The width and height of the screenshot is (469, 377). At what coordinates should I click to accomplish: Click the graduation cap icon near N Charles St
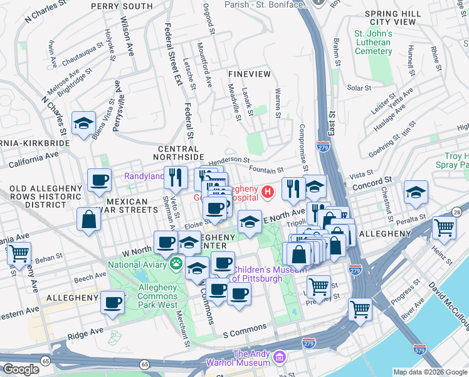(83, 124)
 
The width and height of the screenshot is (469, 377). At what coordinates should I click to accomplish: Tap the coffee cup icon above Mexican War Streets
(99, 181)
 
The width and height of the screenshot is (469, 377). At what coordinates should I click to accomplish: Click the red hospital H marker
(268, 191)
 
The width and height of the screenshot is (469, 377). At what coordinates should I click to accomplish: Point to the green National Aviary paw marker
(177, 264)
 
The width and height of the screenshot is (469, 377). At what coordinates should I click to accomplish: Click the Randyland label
(144, 177)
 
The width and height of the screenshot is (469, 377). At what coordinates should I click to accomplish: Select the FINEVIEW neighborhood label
(250, 74)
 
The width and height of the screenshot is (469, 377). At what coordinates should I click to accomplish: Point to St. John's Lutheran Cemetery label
(373, 42)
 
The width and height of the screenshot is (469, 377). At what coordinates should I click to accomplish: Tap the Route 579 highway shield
(420, 347)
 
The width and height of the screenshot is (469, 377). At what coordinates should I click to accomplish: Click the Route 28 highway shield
(456, 213)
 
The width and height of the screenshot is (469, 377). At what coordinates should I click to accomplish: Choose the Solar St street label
(359, 88)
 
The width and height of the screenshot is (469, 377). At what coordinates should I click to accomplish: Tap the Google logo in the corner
(21, 369)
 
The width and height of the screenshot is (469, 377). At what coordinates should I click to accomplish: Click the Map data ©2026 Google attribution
(430, 372)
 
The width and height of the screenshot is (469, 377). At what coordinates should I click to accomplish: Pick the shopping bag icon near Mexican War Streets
(89, 220)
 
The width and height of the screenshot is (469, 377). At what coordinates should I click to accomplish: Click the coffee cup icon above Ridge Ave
(112, 303)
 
